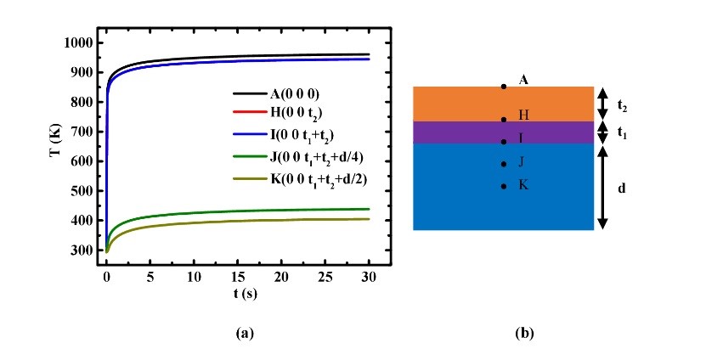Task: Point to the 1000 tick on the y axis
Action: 79,42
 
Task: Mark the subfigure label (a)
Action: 245,334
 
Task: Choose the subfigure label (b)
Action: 524,334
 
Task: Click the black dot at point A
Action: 503,87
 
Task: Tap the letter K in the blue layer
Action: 523,184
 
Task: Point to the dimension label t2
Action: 623,108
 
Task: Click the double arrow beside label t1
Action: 602,132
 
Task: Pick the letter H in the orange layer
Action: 523,115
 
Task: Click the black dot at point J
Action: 503,164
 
